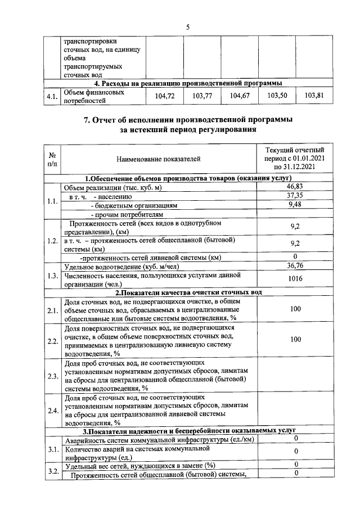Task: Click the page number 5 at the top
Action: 188,27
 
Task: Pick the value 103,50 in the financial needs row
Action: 277,96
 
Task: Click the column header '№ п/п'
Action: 52,160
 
